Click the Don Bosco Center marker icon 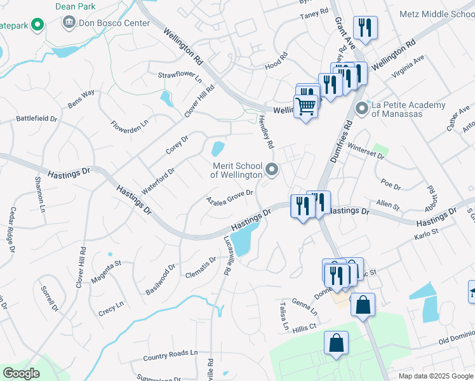point(68,23)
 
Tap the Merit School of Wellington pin point(272,170)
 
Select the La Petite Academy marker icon point(363,109)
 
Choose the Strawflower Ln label point(180,77)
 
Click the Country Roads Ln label point(170,352)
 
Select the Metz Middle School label point(437,13)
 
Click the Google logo point(21,373)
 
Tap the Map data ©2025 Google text point(436,376)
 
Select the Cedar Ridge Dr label point(12,231)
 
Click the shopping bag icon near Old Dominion point(336,344)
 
